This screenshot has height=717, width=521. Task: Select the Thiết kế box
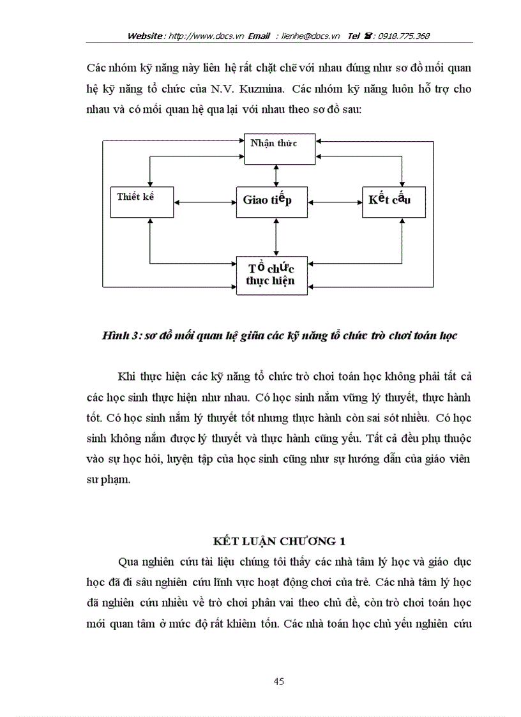[142, 200]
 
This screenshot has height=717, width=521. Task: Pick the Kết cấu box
[393, 200]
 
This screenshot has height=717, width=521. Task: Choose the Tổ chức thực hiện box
[272, 275]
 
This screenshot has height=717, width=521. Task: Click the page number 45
[278, 681]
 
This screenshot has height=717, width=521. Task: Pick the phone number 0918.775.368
[404, 36]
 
